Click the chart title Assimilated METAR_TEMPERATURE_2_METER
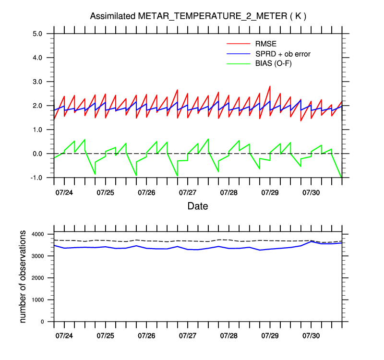[x=198, y=16]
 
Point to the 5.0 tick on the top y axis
[x=38, y=34]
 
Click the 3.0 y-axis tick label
[x=38, y=82]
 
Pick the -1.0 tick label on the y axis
[x=37, y=178]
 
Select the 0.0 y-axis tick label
[x=38, y=154]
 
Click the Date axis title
[x=198, y=206]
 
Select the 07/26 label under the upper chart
[x=146, y=192]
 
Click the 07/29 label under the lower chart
[x=270, y=336]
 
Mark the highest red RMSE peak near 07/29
[x=270, y=86]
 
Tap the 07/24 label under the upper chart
[x=64, y=192]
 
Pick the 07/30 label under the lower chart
[x=311, y=336]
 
